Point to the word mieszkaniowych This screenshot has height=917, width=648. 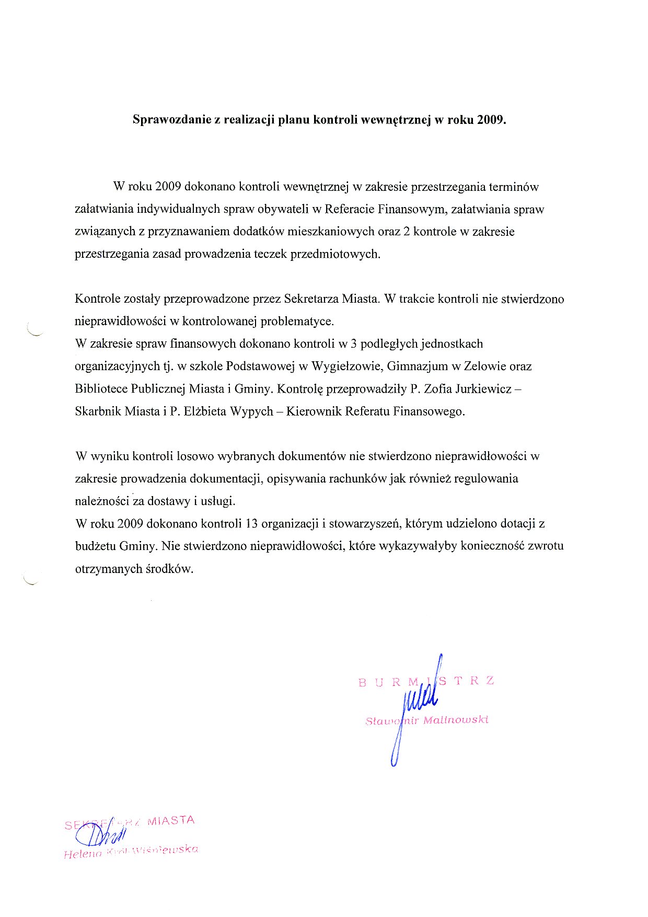pyautogui.click(x=331, y=232)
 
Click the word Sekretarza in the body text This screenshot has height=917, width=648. pyautogui.click(x=311, y=299)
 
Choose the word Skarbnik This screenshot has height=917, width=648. pyautogui.click(x=98, y=411)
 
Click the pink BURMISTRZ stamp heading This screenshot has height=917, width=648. pyautogui.click(x=426, y=682)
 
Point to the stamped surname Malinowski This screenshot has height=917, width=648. pyautogui.click(x=456, y=720)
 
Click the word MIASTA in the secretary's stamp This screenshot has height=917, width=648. pyautogui.click(x=171, y=820)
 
